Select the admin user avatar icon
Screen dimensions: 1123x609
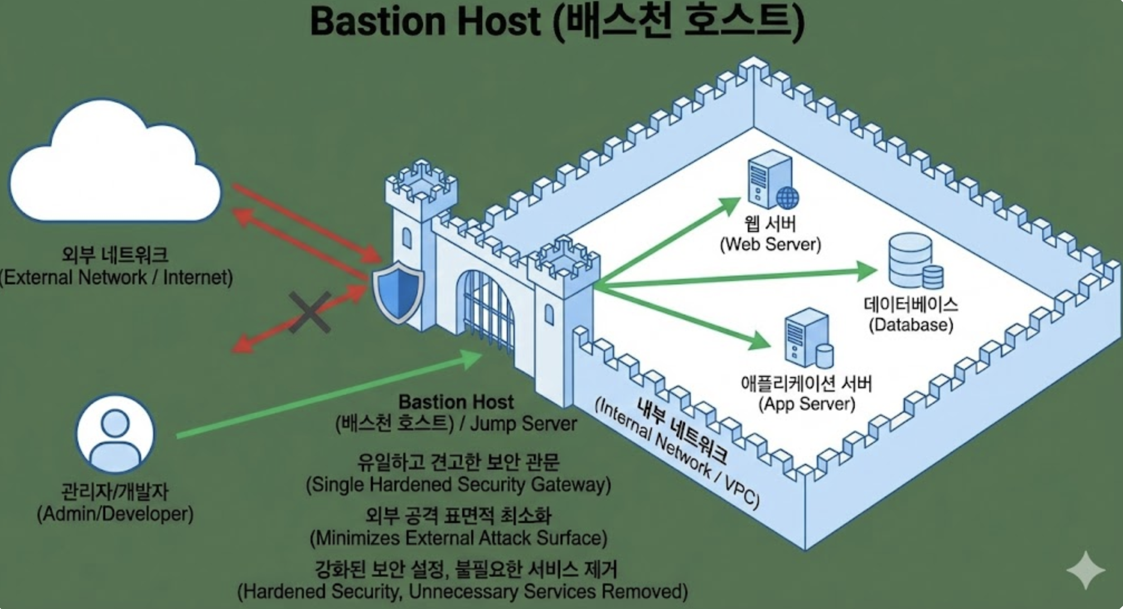click(115, 434)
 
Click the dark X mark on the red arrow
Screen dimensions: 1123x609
click(310, 312)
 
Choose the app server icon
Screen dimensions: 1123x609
click(807, 337)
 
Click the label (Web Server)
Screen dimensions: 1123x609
click(770, 244)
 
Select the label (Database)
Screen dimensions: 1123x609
click(911, 325)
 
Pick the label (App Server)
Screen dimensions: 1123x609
click(806, 404)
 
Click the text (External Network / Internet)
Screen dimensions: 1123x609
click(116, 277)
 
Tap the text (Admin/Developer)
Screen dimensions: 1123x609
click(115, 514)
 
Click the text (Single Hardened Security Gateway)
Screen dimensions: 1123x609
click(458, 485)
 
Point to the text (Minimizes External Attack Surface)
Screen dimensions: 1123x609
click(458, 538)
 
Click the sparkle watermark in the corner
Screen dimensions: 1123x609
click(1085, 570)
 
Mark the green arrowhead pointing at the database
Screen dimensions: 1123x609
click(868, 271)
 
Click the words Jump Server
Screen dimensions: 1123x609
click(523, 424)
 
